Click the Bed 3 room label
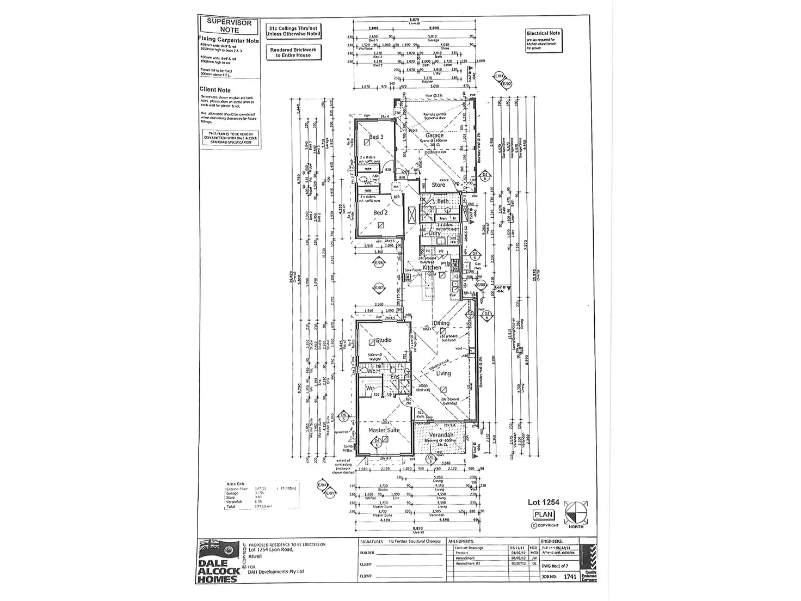(376, 137)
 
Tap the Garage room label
(434, 136)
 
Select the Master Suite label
(384, 430)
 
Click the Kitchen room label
(432, 267)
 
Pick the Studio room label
(384, 340)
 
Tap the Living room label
(443, 373)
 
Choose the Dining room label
(441, 323)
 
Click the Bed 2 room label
(380, 212)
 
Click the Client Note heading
(215, 90)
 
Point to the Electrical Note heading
(543, 33)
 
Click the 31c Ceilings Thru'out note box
(293, 30)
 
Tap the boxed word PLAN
(543, 514)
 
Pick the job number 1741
(570, 577)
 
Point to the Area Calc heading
(236, 483)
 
